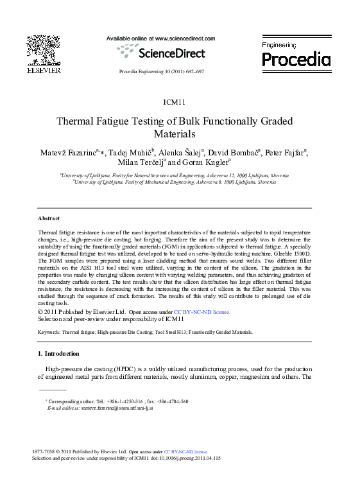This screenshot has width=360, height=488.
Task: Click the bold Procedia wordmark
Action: pos(296,60)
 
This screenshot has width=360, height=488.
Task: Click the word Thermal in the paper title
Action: pos(79,121)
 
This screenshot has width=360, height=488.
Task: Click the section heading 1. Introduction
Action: pos(58,354)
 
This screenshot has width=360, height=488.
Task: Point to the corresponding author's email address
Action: pos(117,408)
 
